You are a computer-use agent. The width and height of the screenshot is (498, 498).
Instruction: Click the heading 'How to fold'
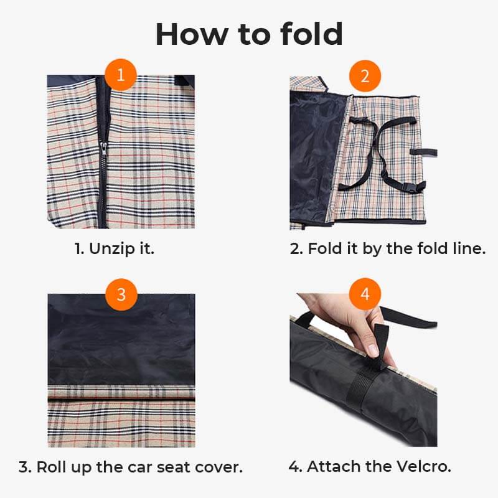pyautogui.click(x=249, y=34)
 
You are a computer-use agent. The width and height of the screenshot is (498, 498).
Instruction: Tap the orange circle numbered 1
pyautogui.click(x=121, y=76)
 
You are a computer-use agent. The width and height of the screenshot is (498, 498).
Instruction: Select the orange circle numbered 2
pyautogui.click(x=365, y=76)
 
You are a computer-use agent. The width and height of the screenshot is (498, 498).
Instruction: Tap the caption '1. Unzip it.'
pyautogui.click(x=114, y=249)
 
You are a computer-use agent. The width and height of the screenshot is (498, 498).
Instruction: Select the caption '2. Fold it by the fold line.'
pyautogui.click(x=387, y=249)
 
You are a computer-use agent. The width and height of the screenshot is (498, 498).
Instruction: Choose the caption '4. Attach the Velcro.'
pyautogui.click(x=370, y=466)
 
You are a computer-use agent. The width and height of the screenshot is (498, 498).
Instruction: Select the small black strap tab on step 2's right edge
pyautogui.click(x=430, y=152)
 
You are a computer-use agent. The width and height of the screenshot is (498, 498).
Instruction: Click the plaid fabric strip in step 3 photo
pyautogui.click(x=121, y=414)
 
